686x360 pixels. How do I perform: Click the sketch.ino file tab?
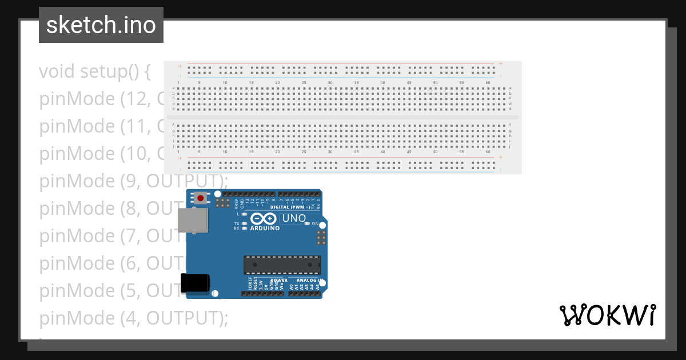click(x=101, y=25)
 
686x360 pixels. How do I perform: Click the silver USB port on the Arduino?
click(x=193, y=220)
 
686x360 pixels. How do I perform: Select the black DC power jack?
click(x=195, y=283)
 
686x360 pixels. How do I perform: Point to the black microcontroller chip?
click(x=282, y=265)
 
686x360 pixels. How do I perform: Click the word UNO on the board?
click(x=294, y=218)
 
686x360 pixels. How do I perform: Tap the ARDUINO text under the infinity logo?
click(x=265, y=229)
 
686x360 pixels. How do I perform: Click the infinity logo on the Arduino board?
click(x=264, y=218)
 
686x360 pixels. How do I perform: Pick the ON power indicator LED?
click(x=307, y=223)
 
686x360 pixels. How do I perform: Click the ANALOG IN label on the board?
click(x=309, y=281)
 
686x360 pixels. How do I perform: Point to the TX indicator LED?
click(x=245, y=223)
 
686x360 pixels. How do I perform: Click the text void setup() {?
click(x=95, y=71)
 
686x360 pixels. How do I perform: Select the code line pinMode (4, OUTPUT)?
click(x=134, y=318)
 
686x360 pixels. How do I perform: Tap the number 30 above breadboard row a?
click(x=330, y=83)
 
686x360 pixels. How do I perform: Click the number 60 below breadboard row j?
click(x=488, y=152)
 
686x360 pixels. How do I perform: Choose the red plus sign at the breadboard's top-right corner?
click(x=501, y=63)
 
